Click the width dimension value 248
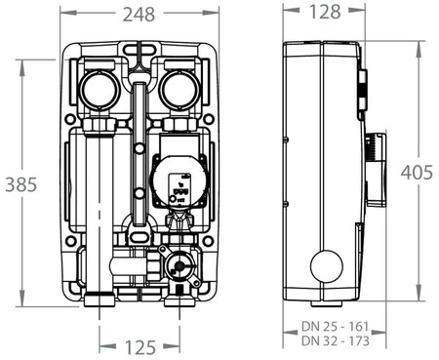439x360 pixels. pyautogui.click(x=137, y=14)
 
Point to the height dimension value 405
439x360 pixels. pyautogui.click(x=418, y=172)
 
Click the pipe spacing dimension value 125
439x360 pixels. pyautogui.click(x=140, y=344)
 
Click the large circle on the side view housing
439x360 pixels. pyautogui.click(x=326, y=265)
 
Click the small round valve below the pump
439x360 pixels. pyautogui.click(x=179, y=262)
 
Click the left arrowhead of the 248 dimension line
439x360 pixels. pyautogui.click(x=62, y=14)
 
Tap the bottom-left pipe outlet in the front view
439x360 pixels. pyautogui.click(x=100, y=296)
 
